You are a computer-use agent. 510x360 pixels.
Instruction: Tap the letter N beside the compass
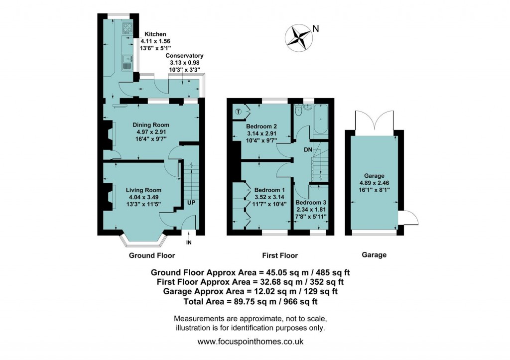tap(316, 28)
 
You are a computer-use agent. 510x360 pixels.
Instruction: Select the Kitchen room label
tap(152, 34)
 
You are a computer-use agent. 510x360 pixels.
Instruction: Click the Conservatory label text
tap(184, 56)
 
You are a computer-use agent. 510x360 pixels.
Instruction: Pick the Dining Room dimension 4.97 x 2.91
tap(150, 132)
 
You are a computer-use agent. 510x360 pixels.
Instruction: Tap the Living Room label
tap(143, 190)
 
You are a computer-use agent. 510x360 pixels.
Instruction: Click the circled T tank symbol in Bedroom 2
tap(239, 112)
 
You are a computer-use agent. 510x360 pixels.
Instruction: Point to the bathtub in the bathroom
tap(320, 120)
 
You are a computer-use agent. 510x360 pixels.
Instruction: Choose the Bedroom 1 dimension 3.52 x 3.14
tap(269, 197)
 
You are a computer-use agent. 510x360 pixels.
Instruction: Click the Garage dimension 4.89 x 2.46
tap(374, 183)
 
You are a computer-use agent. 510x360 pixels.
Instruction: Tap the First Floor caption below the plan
tap(280, 255)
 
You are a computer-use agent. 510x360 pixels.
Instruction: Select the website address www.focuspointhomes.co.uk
tap(251, 342)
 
